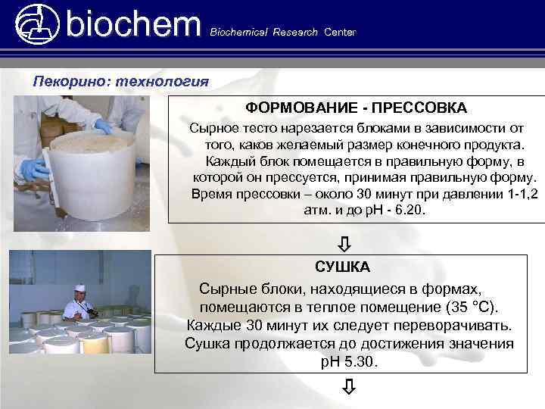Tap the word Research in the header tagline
(x=295, y=33)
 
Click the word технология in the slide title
(x=160, y=80)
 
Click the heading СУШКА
(x=342, y=267)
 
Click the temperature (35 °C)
(x=467, y=307)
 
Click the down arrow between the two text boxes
(x=344, y=243)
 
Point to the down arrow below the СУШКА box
(x=347, y=389)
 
